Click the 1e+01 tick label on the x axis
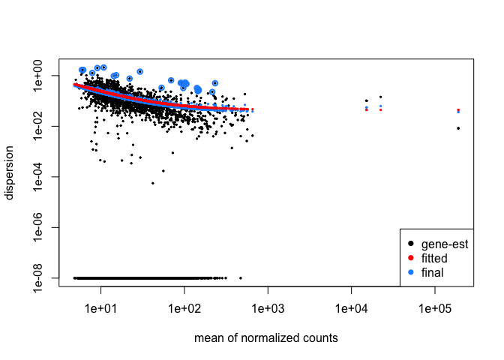tap(100, 308)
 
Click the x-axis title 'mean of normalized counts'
tap(265, 338)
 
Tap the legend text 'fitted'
tap(434, 258)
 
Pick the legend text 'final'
tap(432, 272)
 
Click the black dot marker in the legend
tap(410, 244)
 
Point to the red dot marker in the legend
tap(410, 258)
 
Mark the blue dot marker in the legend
tap(410, 272)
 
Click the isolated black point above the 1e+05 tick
tap(458, 128)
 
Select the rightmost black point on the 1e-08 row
tap(240, 277)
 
